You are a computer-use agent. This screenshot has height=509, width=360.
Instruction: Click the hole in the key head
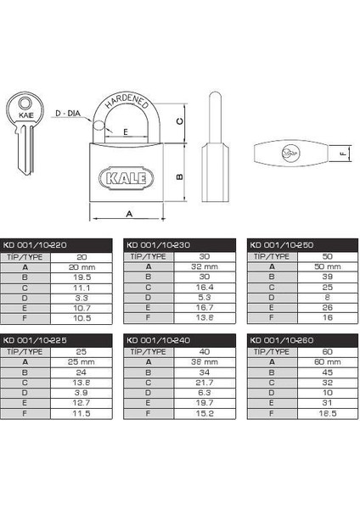point(25,103)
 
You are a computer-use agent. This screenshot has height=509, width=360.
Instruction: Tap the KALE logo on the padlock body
point(126,178)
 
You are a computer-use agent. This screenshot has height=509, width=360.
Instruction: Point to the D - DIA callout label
point(68,114)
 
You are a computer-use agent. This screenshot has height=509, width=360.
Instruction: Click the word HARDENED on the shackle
point(127,102)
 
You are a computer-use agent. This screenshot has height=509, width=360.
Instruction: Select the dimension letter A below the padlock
point(129,214)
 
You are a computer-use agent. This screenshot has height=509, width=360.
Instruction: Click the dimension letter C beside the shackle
point(179,121)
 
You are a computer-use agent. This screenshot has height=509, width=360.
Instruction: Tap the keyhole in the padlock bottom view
point(289,154)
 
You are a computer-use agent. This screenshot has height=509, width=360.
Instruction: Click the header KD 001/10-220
point(35,245)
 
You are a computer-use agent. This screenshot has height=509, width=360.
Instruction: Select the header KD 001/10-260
point(281,340)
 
